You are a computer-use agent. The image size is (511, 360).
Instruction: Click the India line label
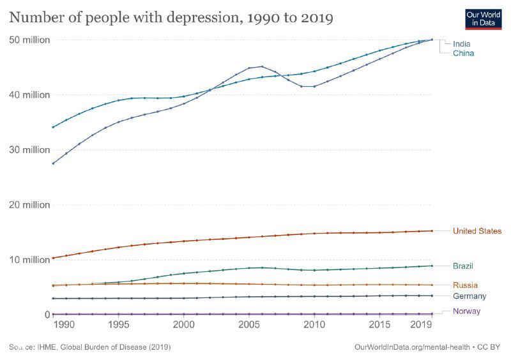click(462, 44)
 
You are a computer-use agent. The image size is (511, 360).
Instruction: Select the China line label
click(463, 54)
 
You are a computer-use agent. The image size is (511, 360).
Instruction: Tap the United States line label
click(477, 231)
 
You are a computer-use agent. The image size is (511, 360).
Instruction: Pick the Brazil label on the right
click(463, 266)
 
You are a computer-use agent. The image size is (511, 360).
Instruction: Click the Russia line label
click(465, 285)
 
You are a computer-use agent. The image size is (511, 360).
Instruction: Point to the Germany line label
click(469, 296)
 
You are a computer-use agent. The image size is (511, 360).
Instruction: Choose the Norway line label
click(466, 311)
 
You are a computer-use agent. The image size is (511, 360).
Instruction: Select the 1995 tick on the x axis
click(118, 325)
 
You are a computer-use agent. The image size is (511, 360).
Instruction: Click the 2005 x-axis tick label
click(248, 325)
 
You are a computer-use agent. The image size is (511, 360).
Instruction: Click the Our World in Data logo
click(482, 19)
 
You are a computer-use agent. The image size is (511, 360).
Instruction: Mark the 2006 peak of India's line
click(262, 66)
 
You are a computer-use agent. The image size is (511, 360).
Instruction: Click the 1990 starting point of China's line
click(53, 127)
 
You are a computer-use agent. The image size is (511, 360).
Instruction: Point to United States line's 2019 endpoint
click(432, 230)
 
